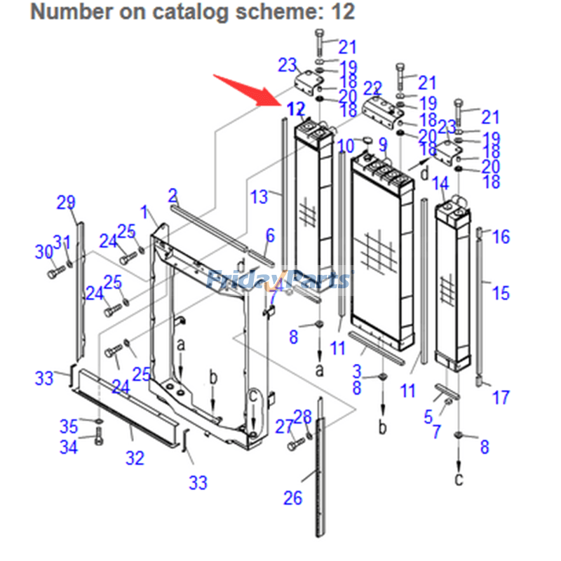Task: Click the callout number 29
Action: pos(66,203)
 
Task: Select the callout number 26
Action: pos(292,498)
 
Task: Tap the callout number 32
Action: pos(135,458)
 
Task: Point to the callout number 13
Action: pos(259,197)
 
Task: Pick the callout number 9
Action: pos(383,145)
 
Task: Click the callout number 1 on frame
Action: pos(144,211)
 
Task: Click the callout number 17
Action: pos(500,398)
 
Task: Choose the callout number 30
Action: pos(44,252)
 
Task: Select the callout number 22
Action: pos(372,89)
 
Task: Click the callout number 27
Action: pos(283,426)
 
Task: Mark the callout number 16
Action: pos(501,237)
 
